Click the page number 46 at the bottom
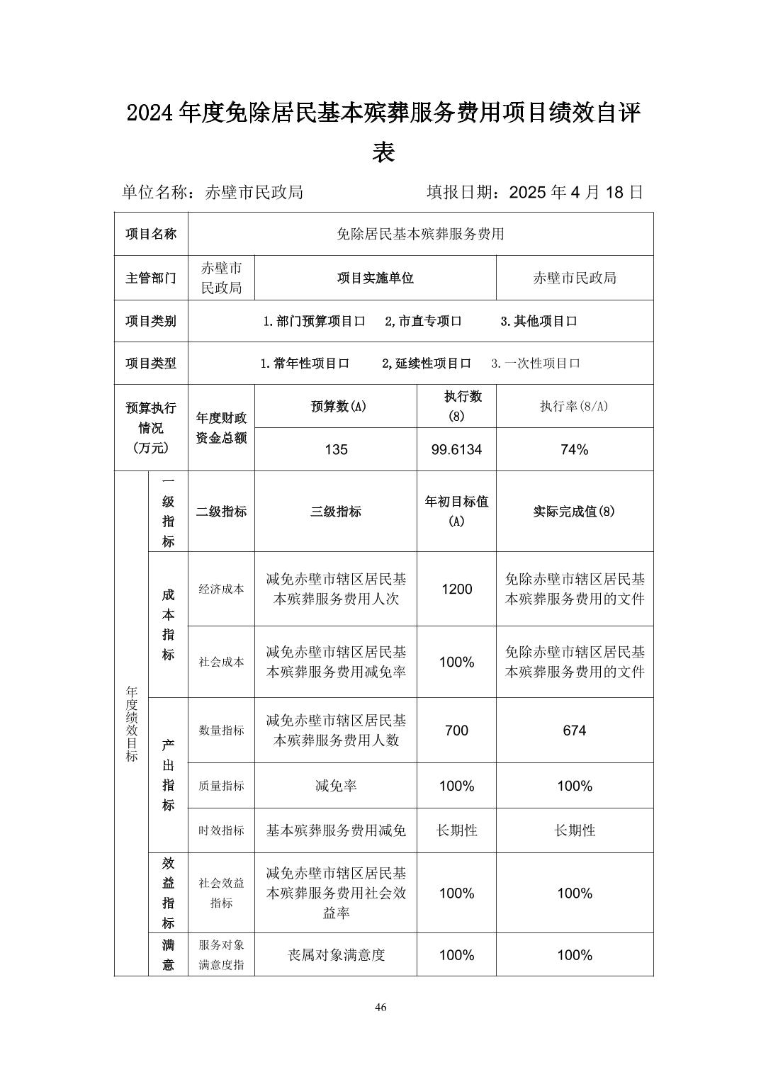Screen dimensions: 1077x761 click(x=380, y=1008)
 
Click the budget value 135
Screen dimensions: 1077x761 click(x=336, y=449)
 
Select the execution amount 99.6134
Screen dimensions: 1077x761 click(x=456, y=449)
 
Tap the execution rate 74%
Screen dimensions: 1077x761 click(x=574, y=449)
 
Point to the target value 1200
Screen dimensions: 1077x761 click(x=456, y=589)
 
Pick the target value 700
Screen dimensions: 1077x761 click(x=456, y=730)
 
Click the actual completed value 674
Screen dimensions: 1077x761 click(x=574, y=730)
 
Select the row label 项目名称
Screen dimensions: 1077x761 click(x=151, y=234)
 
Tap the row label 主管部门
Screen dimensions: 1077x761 click(x=151, y=278)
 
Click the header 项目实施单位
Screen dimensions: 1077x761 click(x=375, y=278)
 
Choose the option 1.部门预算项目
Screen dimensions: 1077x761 click(x=314, y=321)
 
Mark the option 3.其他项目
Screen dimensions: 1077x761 click(x=539, y=321)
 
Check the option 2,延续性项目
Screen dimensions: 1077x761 click(x=427, y=363)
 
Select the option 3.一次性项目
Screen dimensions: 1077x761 click(x=536, y=363)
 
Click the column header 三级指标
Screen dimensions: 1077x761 click(x=336, y=512)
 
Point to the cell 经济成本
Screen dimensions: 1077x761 click(x=221, y=589)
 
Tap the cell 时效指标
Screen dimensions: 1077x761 click(x=221, y=830)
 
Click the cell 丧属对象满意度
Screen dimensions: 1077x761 click(x=336, y=955)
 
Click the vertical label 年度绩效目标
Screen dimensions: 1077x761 click(x=132, y=723)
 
